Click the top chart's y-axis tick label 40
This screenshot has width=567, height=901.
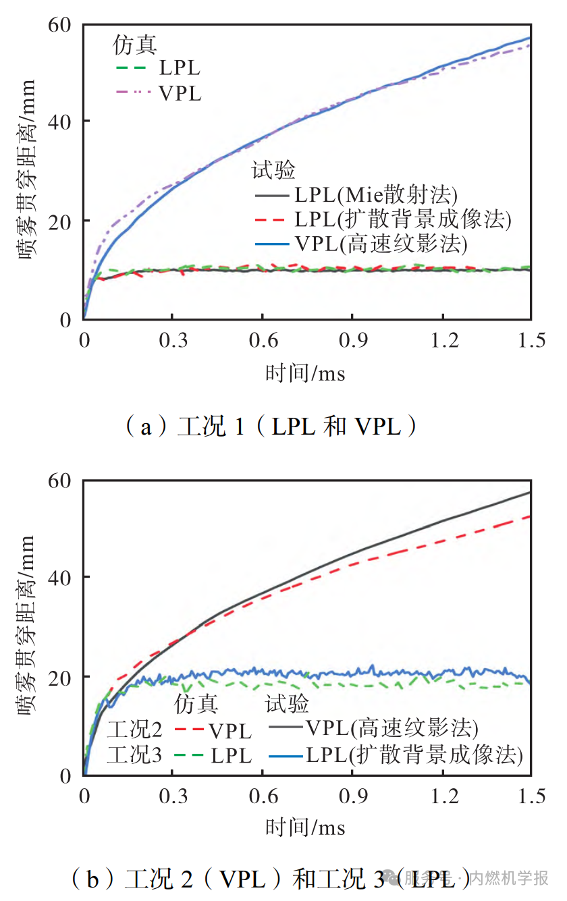click(x=60, y=122)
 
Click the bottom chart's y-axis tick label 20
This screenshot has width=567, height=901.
click(x=60, y=677)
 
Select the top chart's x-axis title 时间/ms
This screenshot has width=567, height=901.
click(x=305, y=373)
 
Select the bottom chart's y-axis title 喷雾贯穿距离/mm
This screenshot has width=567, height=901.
click(x=26, y=627)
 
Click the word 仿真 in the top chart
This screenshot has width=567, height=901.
click(x=135, y=45)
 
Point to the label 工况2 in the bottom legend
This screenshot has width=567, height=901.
click(x=134, y=731)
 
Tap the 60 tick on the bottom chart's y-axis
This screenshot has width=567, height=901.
click(x=60, y=480)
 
